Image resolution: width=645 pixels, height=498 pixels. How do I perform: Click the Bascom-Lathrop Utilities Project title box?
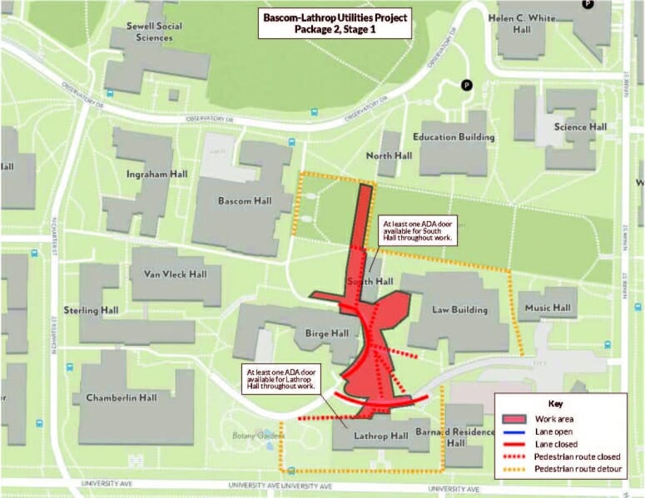click(335, 23)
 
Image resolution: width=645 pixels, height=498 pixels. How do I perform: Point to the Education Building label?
click(454, 136)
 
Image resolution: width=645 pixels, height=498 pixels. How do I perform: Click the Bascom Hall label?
click(245, 200)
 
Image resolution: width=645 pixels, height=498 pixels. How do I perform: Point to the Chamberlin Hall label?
click(122, 397)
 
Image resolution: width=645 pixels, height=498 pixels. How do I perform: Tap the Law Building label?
click(459, 310)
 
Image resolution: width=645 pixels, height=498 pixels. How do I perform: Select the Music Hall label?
click(547, 308)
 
